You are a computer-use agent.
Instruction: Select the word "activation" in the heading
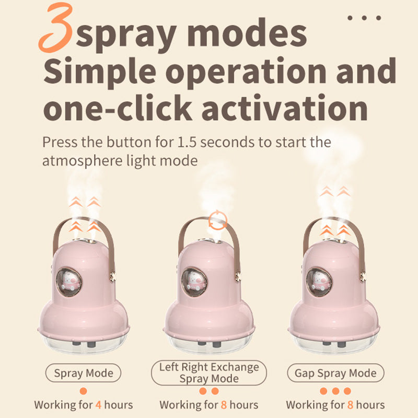(x=285, y=108)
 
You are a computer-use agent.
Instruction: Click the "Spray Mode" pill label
(x=83, y=373)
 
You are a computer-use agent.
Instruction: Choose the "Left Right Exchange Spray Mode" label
(x=208, y=373)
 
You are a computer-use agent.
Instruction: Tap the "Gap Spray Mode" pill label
(x=335, y=373)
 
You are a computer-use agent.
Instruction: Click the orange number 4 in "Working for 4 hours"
(x=98, y=405)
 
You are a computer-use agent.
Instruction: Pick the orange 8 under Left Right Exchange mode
(x=224, y=405)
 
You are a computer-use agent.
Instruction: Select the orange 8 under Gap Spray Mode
(x=350, y=405)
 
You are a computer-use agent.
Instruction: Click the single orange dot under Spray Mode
(x=83, y=391)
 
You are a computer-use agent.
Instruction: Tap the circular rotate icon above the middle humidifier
(x=217, y=220)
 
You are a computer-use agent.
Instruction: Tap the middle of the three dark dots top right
(x=364, y=18)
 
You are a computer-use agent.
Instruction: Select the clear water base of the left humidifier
(x=84, y=343)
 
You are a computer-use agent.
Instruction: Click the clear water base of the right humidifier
(x=334, y=343)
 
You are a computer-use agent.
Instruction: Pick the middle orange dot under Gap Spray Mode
(x=335, y=391)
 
